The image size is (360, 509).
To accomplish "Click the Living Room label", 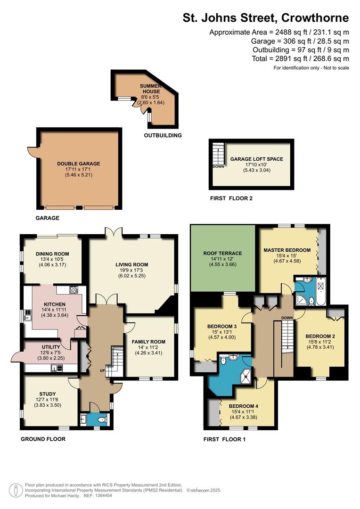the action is (x=132, y=264).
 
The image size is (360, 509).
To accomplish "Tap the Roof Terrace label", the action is (x=223, y=253).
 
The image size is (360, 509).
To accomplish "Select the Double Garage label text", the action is (x=79, y=164).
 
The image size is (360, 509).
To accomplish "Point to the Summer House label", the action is (x=151, y=89).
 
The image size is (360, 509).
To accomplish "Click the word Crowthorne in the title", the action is (x=315, y=17).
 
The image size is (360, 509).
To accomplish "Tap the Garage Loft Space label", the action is (x=257, y=159).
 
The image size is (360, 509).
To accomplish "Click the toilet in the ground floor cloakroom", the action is (x=102, y=420).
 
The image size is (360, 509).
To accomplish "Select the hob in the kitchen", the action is (x=74, y=289).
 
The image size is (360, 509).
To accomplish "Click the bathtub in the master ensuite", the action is (x=321, y=291).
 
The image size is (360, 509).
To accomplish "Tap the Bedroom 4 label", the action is (x=244, y=406).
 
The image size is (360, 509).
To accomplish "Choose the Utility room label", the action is (x=51, y=347).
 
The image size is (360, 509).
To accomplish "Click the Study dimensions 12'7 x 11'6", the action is (x=48, y=400).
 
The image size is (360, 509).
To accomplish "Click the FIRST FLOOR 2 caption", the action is (x=231, y=198).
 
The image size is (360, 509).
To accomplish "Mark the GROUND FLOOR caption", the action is (x=43, y=439).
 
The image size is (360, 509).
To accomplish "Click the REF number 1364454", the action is (x=103, y=496).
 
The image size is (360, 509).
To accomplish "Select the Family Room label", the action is (x=148, y=342).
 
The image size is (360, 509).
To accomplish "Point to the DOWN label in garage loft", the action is (x=219, y=166).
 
